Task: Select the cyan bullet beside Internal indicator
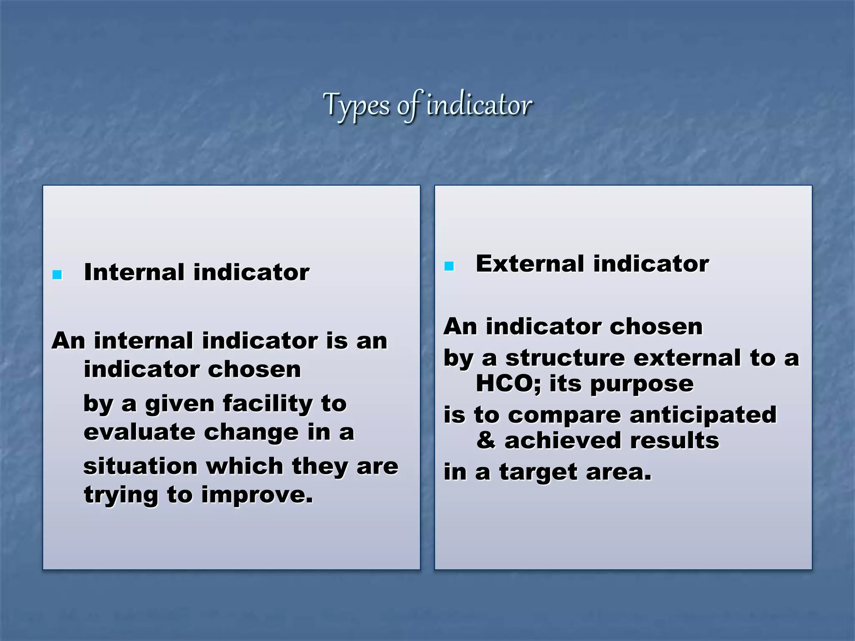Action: [x=57, y=275]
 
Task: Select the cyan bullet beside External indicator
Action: [x=449, y=266]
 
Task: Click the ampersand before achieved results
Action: [x=486, y=441]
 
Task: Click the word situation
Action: [x=140, y=466]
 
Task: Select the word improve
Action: [x=257, y=495]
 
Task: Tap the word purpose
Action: [x=642, y=384]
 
